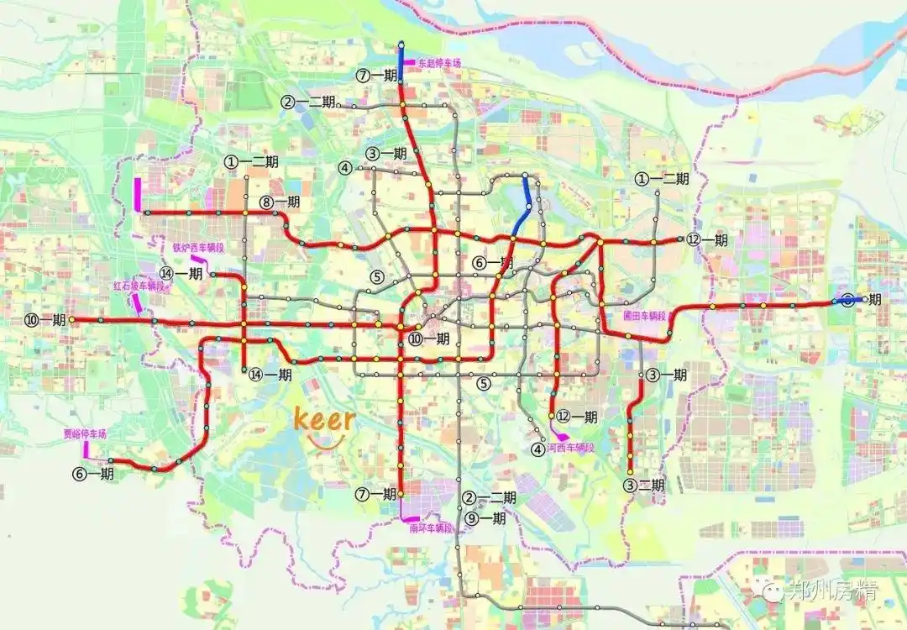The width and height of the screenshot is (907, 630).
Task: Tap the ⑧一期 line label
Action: pos(280,202)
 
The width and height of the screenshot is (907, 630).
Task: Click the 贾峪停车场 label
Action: pos(86,434)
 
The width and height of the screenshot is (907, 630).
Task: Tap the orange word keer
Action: pos(323,418)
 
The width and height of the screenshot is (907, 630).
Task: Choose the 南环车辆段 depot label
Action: pos(432,528)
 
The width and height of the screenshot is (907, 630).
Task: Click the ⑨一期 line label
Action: pos(486,518)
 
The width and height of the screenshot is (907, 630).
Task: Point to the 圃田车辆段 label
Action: pos(644,316)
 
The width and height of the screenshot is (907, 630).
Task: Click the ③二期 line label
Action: pos(644,485)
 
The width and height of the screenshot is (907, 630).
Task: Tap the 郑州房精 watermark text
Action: pos(833,590)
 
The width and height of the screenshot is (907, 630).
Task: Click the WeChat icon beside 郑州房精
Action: pos(772,591)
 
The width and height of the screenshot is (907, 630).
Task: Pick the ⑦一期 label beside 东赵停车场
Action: pos(376,76)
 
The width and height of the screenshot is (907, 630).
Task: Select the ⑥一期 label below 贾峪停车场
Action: pos(92,474)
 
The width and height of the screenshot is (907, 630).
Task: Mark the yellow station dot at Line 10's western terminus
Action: pos(72,320)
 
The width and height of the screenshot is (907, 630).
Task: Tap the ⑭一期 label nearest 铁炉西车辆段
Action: pos(182,273)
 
